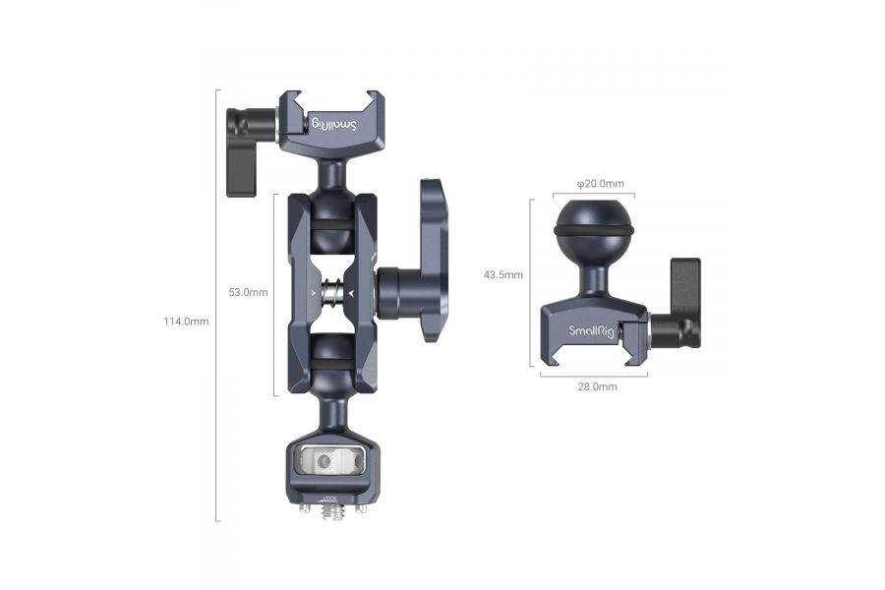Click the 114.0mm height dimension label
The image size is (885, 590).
pos(187,322)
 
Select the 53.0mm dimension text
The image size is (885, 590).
pos(248,292)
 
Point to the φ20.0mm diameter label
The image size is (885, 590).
pos(600,184)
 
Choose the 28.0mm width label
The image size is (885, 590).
pos(597,386)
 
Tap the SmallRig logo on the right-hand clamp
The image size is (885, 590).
pos(588,330)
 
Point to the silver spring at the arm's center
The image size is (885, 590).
pos(333,292)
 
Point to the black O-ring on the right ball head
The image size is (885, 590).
pos(594,230)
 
